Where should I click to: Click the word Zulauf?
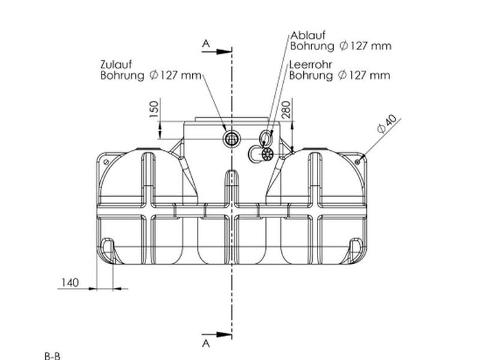point(116,64)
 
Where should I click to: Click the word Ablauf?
point(308,36)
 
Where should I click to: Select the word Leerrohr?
point(311,64)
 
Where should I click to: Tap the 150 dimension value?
point(154,109)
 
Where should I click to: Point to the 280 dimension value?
point(286,110)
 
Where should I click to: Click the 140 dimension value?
point(70,283)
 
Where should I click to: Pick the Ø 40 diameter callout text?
point(387,123)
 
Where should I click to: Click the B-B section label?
point(52,357)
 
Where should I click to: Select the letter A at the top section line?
point(206,44)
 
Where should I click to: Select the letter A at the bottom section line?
point(206,344)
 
